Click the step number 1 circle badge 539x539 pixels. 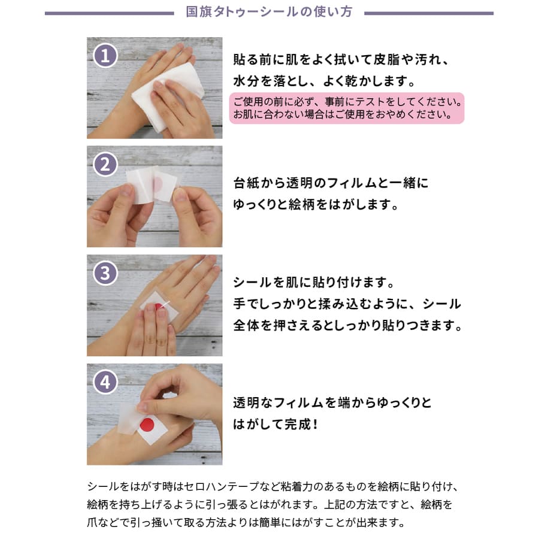click(x=105, y=56)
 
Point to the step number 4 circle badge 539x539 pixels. click(x=105, y=382)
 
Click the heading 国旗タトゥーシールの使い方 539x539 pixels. click(x=269, y=12)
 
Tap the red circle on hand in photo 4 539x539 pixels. click(x=148, y=426)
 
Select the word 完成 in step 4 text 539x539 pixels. click(x=299, y=423)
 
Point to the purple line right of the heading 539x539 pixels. click(x=429, y=13)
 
